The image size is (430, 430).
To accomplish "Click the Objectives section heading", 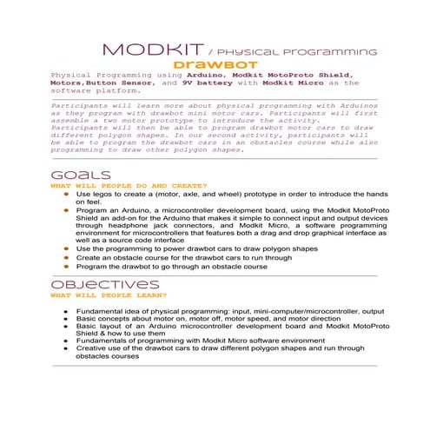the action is (104, 285).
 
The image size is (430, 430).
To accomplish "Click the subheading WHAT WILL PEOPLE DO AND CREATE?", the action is (128, 185).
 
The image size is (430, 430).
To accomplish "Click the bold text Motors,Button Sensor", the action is (103, 83).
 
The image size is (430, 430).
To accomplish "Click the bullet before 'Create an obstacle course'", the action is (65, 258).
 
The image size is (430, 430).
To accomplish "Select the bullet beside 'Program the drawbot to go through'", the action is (65, 268).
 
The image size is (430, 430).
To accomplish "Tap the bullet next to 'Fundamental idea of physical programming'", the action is (65, 310).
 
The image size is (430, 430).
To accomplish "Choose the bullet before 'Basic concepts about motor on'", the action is (65, 319).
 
